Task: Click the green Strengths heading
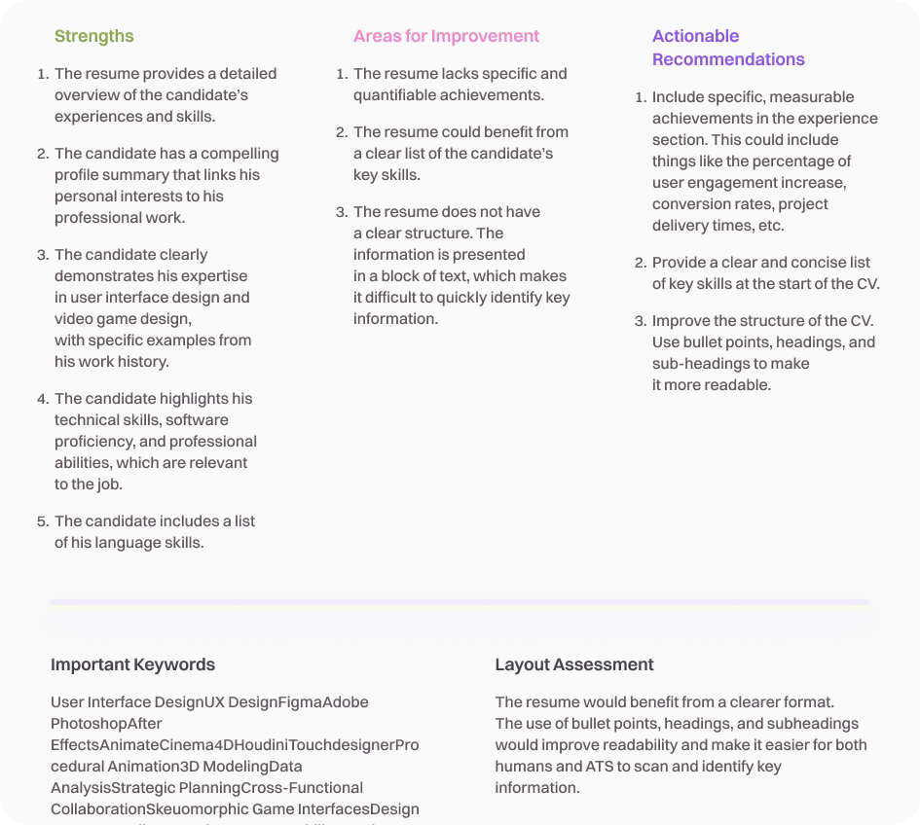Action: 94,36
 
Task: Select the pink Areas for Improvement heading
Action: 446,36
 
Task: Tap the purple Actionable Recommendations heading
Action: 728,48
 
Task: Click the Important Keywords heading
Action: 132,664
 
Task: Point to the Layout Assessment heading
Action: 574,664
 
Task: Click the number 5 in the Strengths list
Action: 43,521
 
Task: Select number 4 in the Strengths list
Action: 43,399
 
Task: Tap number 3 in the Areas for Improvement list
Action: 342,212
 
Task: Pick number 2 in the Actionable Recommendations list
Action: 641,263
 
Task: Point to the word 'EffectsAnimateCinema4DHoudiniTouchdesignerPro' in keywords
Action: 235,745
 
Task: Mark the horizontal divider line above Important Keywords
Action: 460,602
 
